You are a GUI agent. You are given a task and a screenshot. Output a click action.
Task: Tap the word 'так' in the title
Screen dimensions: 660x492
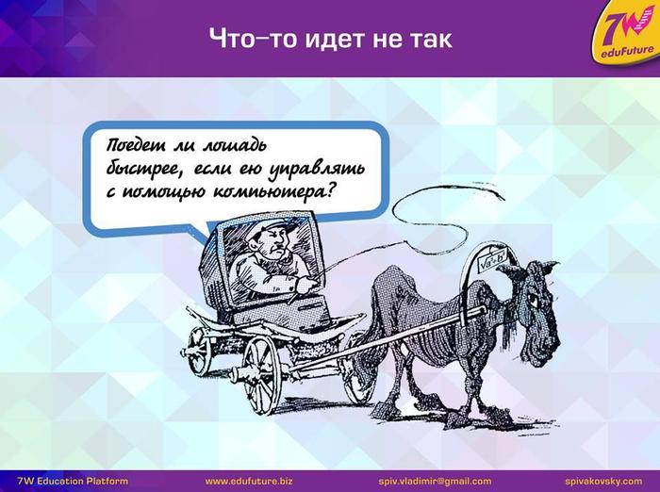pos(429,39)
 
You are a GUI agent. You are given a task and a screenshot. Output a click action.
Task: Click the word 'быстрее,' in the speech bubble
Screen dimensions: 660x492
pos(146,170)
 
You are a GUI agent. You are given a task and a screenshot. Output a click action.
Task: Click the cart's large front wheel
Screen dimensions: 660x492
pos(261,374)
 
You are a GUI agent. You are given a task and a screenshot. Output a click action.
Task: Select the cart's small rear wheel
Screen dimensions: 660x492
pos(199,351)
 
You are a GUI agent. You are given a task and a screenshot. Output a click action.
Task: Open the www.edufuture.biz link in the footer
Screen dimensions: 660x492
pos(249,481)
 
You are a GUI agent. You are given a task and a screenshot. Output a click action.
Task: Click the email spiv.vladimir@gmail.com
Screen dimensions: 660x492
pos(435,481)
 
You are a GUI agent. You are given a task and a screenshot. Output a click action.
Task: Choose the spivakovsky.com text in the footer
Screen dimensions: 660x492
pos(603,481)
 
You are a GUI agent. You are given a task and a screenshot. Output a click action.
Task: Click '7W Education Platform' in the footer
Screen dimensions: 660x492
pos(73,481)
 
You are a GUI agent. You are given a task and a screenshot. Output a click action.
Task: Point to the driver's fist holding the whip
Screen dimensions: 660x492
pos(305,286)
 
